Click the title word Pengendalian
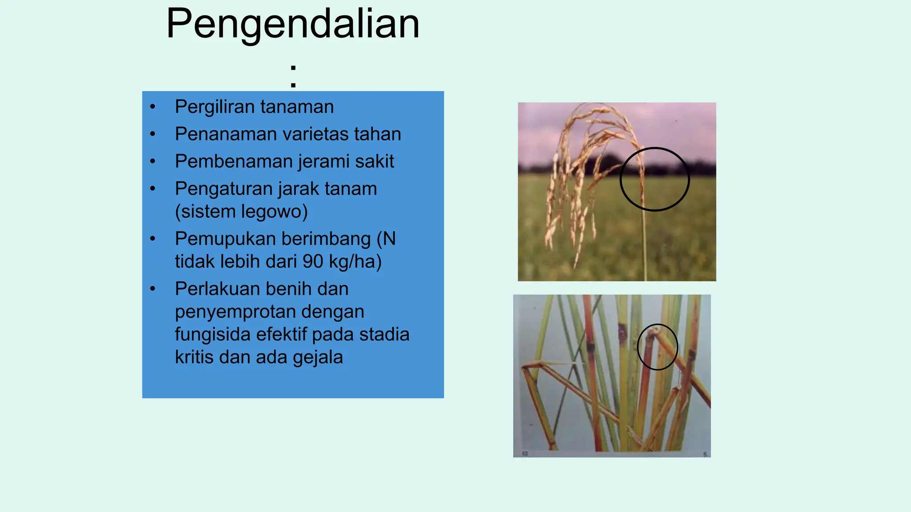[x=293, y=24]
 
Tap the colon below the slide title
[x=293, y=76]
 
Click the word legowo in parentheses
[x=274, y=212]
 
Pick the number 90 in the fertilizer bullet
[x=313, y=261]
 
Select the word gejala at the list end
[x=318, y=357]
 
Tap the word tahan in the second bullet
[x=378, y=134]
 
